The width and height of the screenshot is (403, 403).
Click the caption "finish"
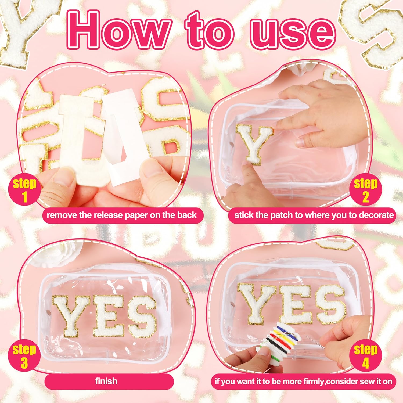click(106, 381)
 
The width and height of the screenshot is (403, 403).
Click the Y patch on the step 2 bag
click(254, 144)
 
